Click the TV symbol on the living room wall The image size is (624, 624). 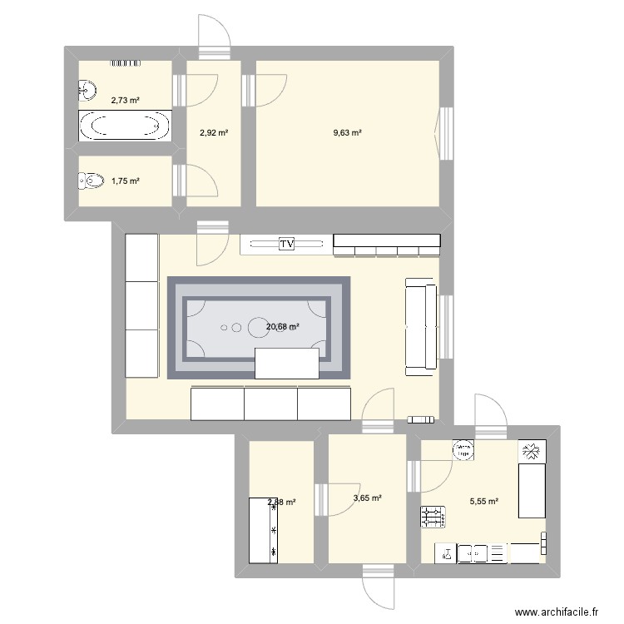click(286, 244)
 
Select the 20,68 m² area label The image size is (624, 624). click(283, 327)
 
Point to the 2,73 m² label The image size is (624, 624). click(125, 100)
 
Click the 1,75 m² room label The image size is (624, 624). click(125, 181)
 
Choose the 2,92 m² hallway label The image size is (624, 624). click(214, 132)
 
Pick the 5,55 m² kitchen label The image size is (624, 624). click(483, 502)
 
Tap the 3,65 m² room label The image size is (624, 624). click(367, 498)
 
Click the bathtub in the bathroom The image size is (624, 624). click(125, 126)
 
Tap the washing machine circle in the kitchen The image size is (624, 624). click(462, 450)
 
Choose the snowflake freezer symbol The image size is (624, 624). click(530, 451)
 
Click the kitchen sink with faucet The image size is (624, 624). click(448, 552)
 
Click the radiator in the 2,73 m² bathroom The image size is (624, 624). click(125, 62)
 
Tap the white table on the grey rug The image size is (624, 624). click(288, 364)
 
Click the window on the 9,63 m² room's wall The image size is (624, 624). click(446, 133)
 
